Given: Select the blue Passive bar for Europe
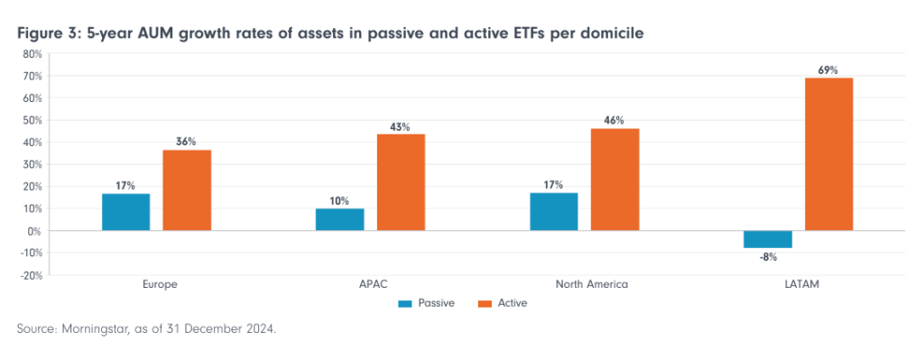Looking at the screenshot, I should point(126,212).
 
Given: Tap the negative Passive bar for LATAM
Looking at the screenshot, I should point(768,239).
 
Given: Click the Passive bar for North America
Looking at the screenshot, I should point(554,212).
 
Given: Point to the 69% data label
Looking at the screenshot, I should point(828,69).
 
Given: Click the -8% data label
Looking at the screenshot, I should point(768,256).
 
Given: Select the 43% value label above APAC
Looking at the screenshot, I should point(401,127).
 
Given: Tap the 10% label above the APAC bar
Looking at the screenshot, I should point(340,200).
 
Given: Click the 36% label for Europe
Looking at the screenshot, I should point(187,142).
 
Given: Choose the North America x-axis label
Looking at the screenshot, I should point(584,284).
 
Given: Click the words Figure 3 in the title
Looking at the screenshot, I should point(47,33).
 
